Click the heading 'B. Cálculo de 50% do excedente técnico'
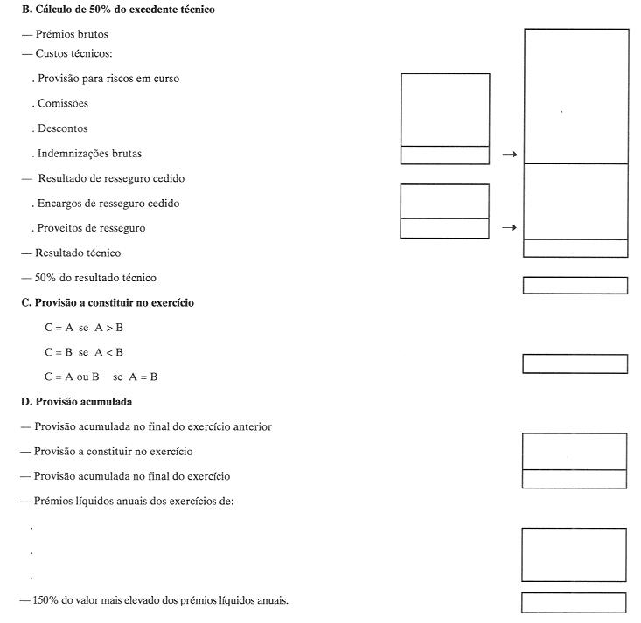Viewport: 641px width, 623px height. click(x=117, y=10)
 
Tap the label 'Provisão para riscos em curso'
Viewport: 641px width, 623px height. click(x=108, y=79)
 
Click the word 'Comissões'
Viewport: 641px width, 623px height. click(x=63, y=103)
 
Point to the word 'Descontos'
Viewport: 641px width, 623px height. click(x=63, y=128)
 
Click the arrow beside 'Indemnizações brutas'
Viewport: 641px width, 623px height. click(x=507, y=155)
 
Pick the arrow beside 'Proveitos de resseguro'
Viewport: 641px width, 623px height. click(x=507, y=228)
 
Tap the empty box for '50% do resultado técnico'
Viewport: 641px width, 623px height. click(x=575, y=286)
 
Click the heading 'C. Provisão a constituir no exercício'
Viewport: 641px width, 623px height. click(x=107, y=302)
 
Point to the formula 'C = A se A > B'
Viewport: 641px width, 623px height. click(x=84, y=328)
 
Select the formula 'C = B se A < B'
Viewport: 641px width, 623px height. click(x=84, y=352)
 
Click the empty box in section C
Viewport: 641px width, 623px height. click(x=575, y=363)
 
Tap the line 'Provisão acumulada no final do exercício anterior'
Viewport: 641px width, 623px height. click(x=153, y=426)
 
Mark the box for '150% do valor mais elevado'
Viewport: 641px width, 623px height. click(x=574, y=602)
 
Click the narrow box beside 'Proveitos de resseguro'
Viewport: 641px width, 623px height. click(x=444, y=228)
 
